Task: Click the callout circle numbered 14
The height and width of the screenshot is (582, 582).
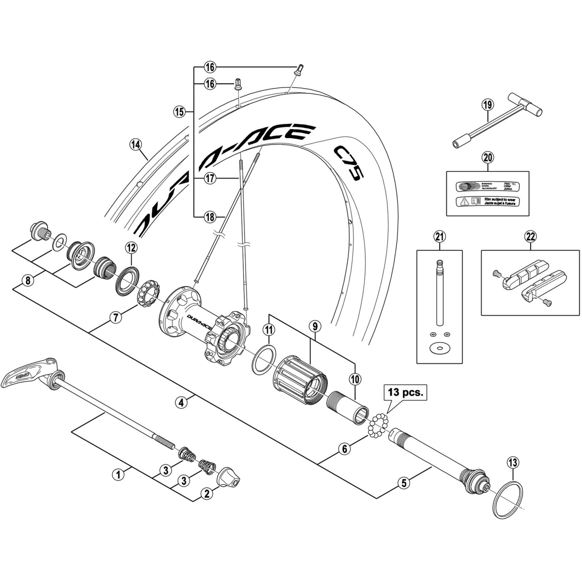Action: pyautogui.click(x=136, y=145)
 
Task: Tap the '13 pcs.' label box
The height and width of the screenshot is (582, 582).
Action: pyautogui.click(x=405, y=392)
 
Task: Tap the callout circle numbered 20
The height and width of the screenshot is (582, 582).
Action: pyautogui.click(x=488, y=157)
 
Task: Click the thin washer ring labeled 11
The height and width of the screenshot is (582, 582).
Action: pyautogui.click(x=264, y=360)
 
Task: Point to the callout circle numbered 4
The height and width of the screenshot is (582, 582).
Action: pyautogui.click(x=181, y=403)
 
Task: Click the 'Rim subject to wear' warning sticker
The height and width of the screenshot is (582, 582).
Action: pyautogui.click(x=487, y=202)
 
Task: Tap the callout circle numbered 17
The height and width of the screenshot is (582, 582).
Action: pyautogui.click(x=210, y=179)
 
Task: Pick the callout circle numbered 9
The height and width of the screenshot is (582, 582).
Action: pyautogui.click(x=315, y=326)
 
